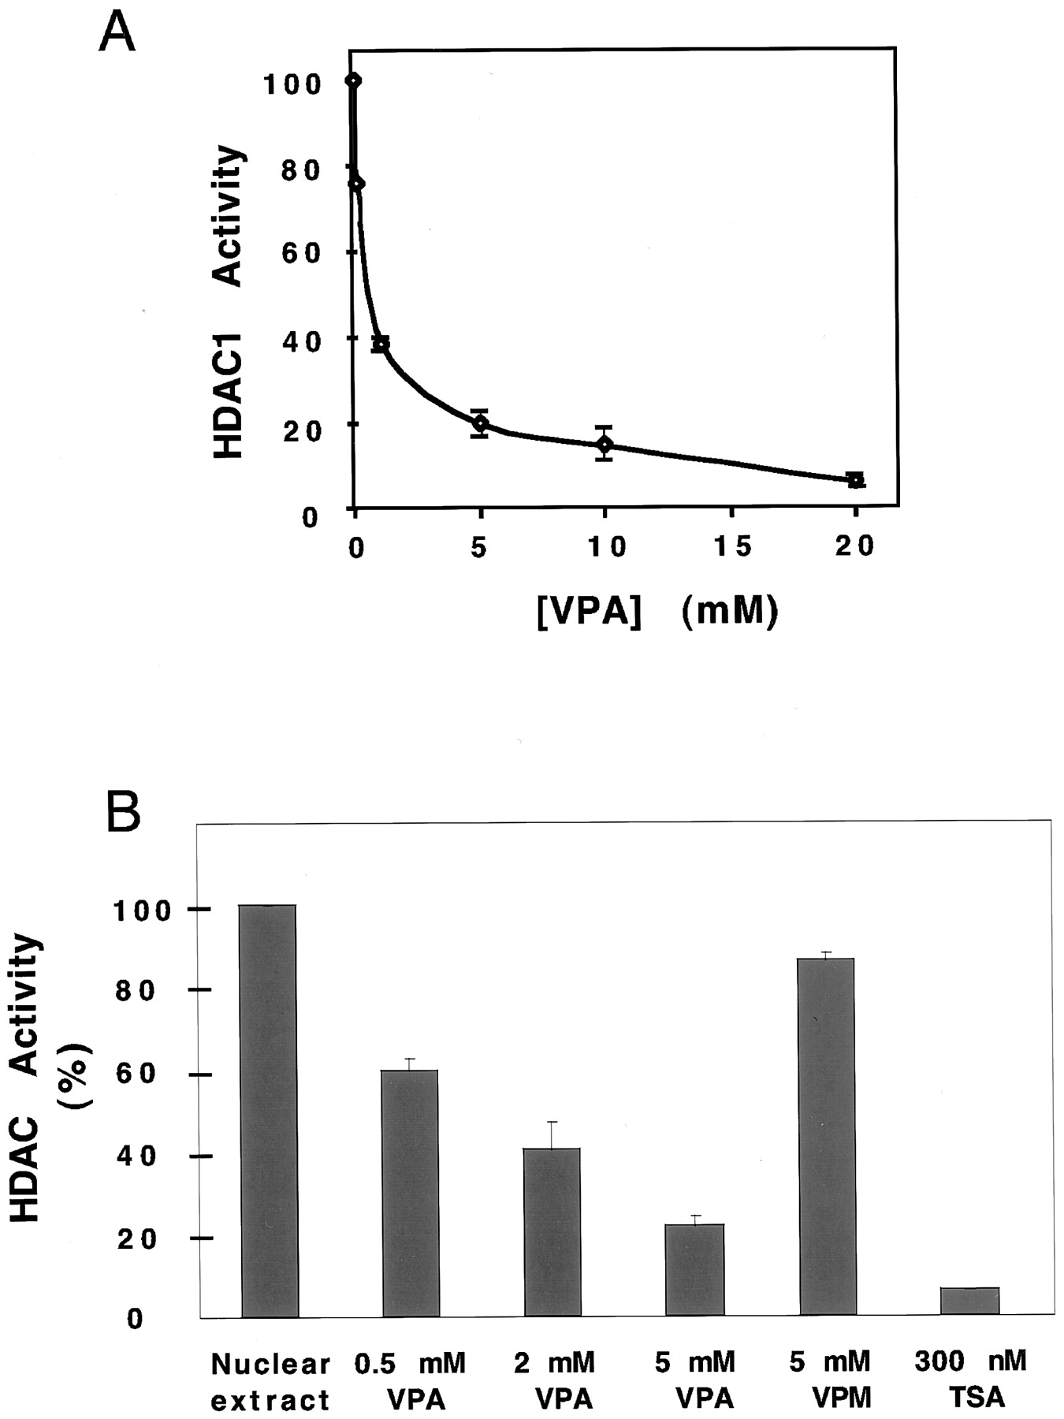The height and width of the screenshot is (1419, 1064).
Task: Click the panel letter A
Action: point(116,33)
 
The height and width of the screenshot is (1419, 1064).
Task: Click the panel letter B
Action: point(123,813)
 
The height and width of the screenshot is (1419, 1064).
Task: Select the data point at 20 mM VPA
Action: point(855,479)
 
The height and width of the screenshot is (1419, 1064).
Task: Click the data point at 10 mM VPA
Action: point(605,444)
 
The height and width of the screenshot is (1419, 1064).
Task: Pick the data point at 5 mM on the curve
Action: point(479,423)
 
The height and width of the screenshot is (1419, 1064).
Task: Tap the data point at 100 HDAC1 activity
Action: point(354,80)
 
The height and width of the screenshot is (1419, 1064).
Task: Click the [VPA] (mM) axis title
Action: point(657,611)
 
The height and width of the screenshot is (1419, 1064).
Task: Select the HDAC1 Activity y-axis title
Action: point(228,301)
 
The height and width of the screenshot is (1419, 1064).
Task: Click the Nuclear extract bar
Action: point(270,1112)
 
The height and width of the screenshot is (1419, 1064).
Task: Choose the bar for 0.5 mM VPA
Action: point(410,1194)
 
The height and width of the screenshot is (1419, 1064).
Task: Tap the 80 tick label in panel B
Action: point(131,992)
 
